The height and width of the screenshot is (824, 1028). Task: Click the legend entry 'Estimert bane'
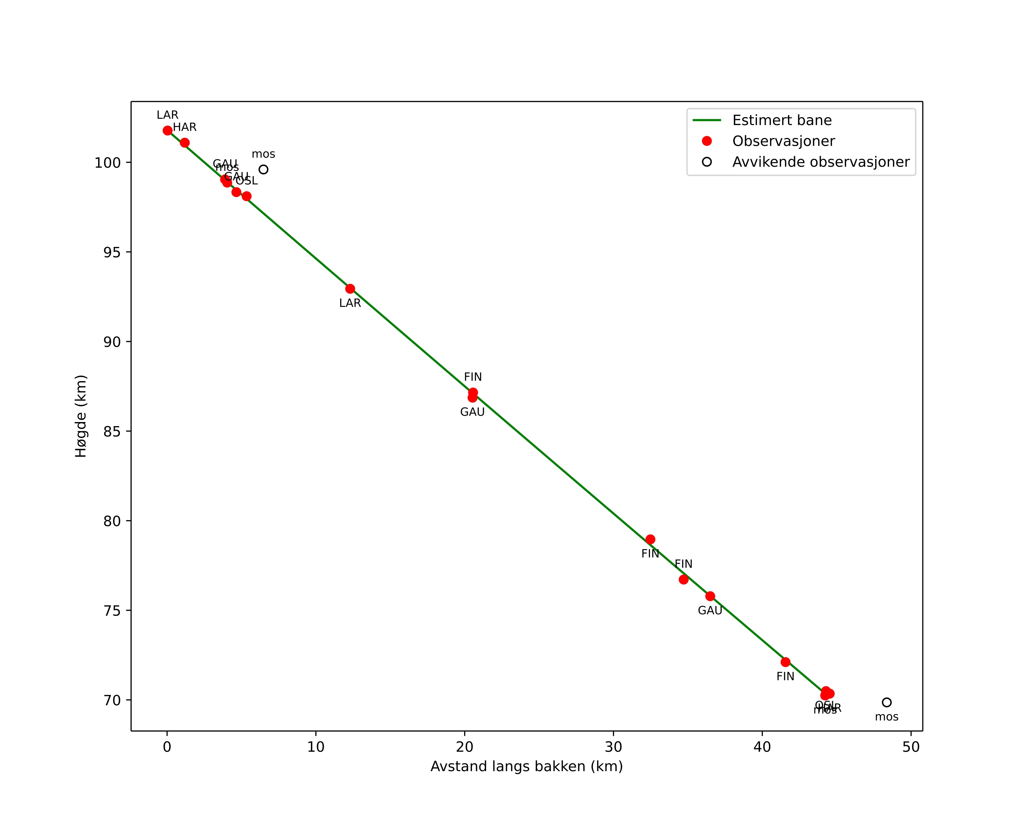(x=781, y=120)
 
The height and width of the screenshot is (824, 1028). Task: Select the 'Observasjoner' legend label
(x=784, y=141)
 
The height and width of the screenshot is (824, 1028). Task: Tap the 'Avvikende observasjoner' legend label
(x=821, y=162)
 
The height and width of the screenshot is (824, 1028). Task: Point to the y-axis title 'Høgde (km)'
(x=81, y=416)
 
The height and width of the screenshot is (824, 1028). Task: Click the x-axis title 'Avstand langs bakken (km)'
(x=526, y=766)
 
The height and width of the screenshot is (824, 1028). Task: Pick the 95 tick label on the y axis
(x=112, y=252)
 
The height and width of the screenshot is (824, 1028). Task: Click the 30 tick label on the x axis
(x=613, y=747)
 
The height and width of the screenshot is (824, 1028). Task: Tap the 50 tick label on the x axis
(x=911, y=747)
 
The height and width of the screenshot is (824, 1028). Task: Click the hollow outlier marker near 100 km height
(x=263, y=169)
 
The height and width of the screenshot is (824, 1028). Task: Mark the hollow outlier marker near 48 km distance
(x=886, y=702)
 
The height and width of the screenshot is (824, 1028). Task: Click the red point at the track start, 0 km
(x=167, y=131)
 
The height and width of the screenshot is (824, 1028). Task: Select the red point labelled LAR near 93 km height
(x=350, y=289)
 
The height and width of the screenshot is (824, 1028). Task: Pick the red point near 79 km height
(x=650, y=539)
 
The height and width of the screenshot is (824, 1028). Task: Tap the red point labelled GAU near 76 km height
(x=710, y=596)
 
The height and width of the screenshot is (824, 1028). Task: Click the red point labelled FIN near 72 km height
(x=785, y=662)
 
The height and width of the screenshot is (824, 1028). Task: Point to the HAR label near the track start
(x=185, y=127)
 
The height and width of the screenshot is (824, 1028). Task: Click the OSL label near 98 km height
(x=247, y=181)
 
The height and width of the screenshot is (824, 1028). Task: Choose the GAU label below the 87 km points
(x=472, y=412)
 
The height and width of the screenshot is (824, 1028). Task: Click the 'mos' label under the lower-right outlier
(x=886, y=717)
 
